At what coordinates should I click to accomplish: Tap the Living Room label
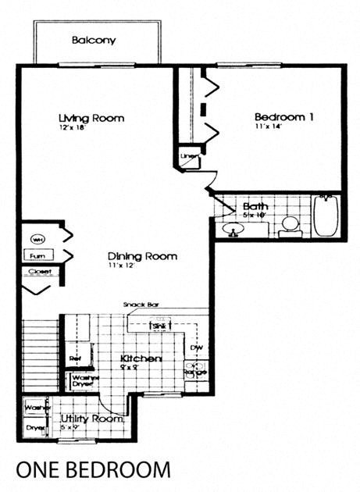91,118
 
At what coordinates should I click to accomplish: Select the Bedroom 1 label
284,117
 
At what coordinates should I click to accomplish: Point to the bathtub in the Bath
326,218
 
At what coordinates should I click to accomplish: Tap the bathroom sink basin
232,230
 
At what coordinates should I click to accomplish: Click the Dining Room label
142,255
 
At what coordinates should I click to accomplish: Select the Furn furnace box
37,255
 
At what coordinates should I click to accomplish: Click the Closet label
39,273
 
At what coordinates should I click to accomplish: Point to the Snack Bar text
141,305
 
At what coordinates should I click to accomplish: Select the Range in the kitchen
195,370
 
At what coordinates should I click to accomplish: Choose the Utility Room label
93,419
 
